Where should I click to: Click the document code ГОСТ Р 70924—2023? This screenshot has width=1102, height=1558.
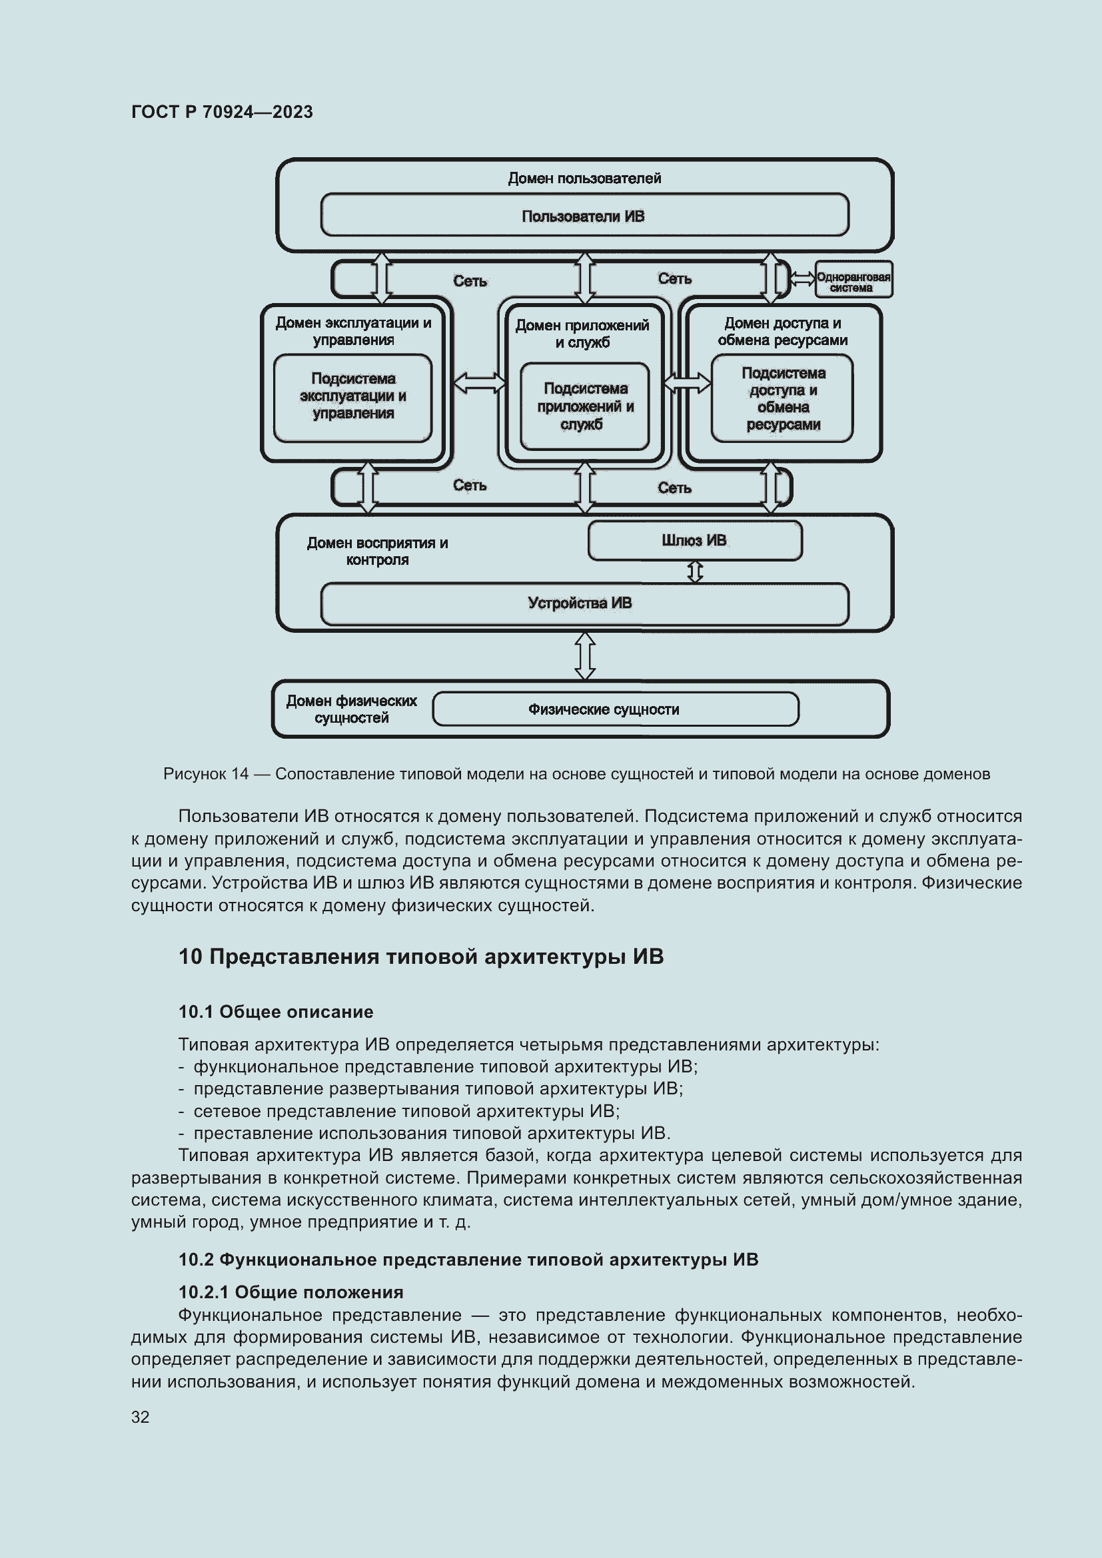coord(222,112)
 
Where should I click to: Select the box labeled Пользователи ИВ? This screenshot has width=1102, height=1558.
coord(584,216)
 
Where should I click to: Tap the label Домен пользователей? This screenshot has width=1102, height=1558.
coord(584,179)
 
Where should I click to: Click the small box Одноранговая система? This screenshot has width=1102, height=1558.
coord(853,280)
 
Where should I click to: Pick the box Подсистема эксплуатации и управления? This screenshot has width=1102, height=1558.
coord(353,397)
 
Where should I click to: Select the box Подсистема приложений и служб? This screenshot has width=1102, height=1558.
coord(584,406)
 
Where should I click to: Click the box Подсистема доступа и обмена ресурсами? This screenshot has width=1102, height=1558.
coord(782,398)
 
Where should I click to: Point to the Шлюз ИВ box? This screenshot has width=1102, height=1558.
coord(694,541)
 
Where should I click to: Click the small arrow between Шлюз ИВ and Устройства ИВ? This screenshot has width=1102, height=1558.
coord(695,572)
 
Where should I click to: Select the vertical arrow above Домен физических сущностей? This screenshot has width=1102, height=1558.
coord(585,655)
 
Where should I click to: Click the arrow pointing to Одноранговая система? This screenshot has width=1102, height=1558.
coord(803,279)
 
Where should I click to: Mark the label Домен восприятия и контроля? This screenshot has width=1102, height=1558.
coord(377,551)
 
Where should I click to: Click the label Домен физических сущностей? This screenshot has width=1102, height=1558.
coord(352,709)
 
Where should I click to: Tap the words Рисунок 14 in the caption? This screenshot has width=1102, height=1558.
coord(206,774)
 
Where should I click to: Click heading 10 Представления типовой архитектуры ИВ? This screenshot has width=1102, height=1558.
coord(420,957)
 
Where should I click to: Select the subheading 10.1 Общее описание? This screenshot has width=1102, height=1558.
coord(276,1012)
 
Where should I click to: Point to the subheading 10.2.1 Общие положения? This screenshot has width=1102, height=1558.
coord(290,1292)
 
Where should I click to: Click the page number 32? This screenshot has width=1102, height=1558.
coord(141,1417)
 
